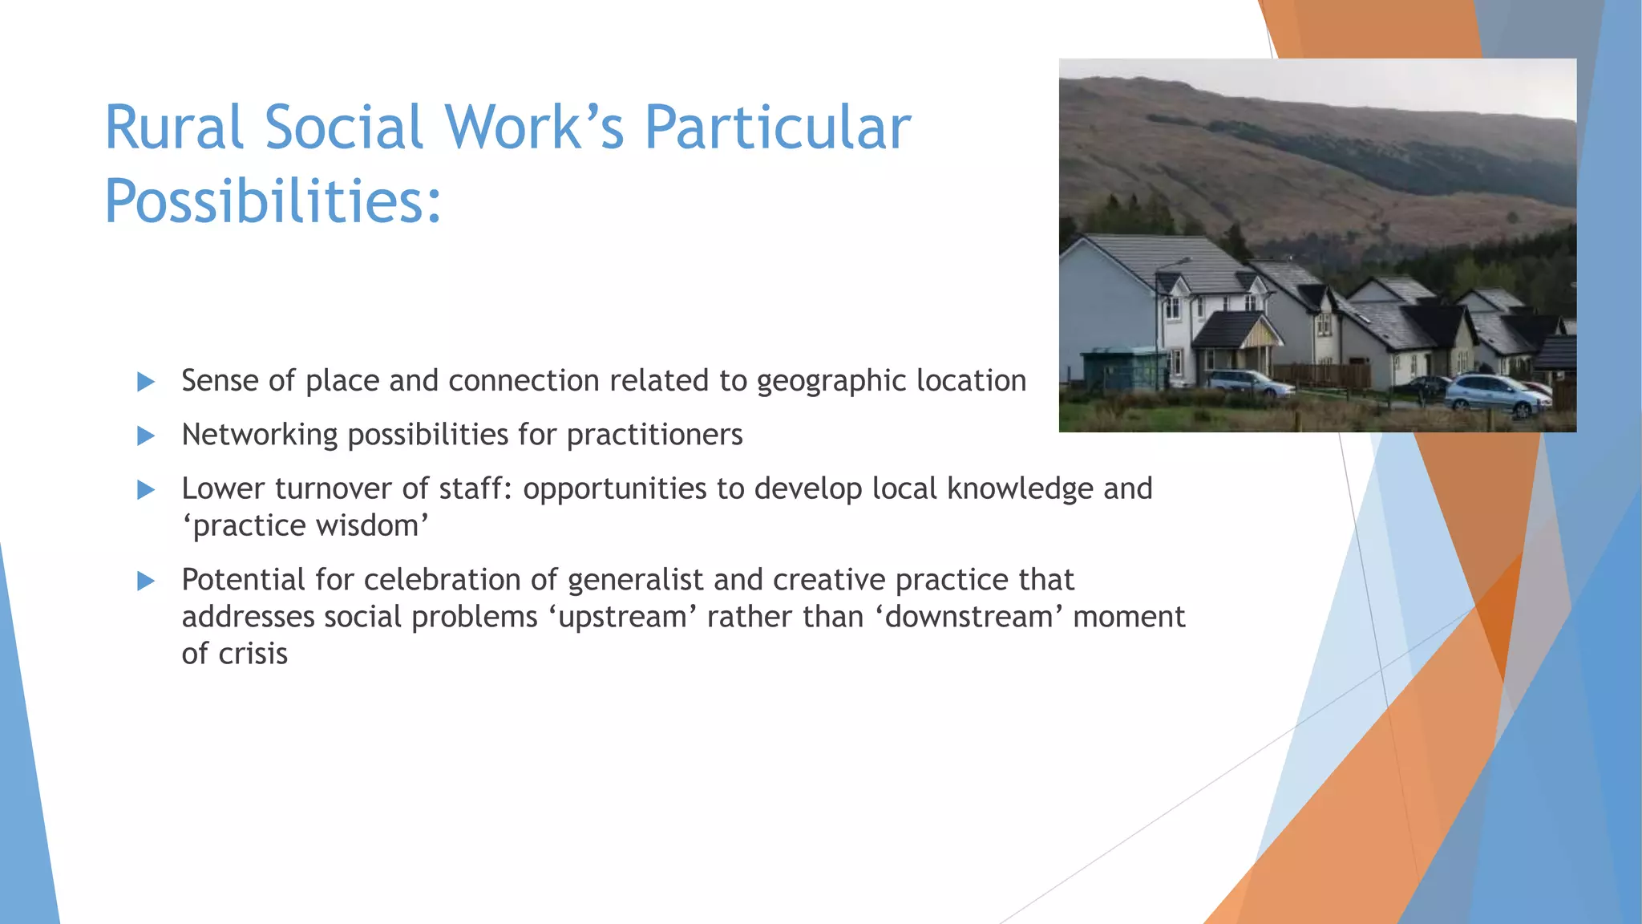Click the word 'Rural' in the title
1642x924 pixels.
coord(173,128)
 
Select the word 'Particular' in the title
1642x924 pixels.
coord(778,128)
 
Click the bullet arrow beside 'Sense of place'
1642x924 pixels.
coord(146,382)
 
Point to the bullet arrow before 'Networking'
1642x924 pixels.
coord(146,436)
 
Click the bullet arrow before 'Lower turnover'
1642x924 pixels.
coord(146,489)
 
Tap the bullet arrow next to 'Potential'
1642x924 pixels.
coord(146,581)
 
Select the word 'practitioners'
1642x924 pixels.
coord(654,435)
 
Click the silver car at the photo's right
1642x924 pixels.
coord(1496,395)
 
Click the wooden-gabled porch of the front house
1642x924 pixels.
coord(1255,334)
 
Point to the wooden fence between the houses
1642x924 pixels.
coord(1321,375)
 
